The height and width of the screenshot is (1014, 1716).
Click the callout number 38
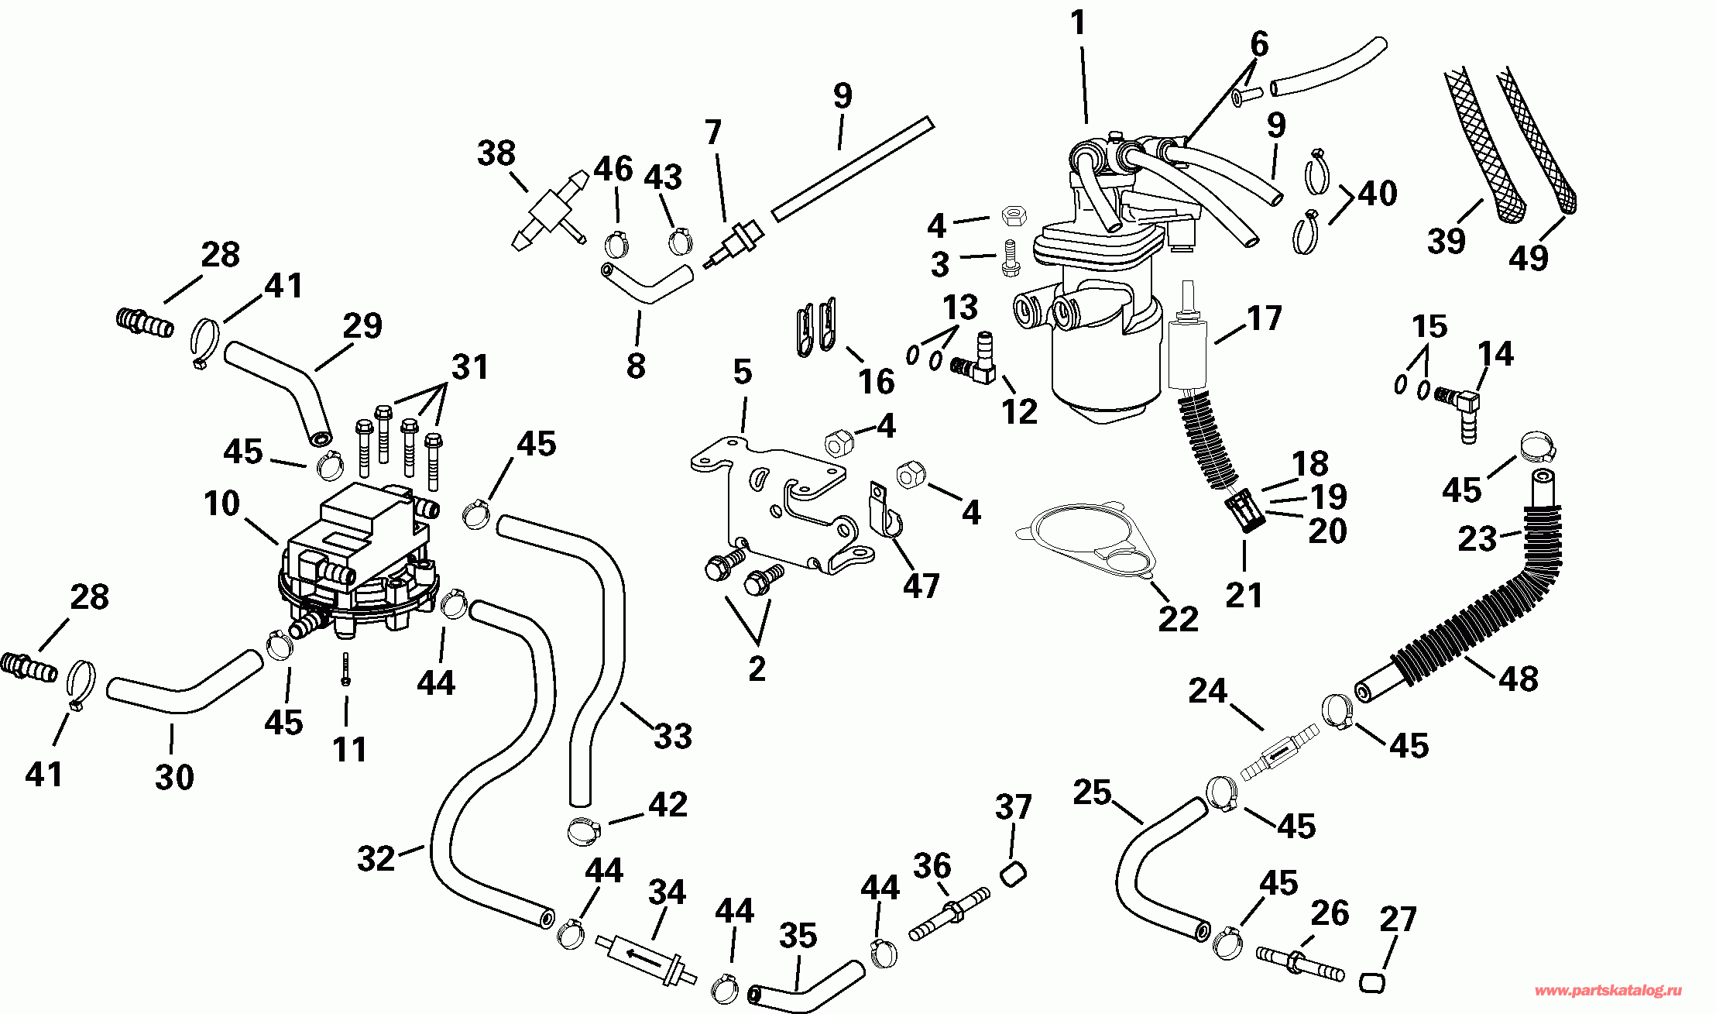pos(496,153)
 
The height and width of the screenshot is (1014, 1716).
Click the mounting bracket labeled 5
pos(782,504)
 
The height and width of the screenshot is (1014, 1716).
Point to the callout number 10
pos(221,504)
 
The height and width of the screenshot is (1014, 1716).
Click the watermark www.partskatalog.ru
pos(1608,990)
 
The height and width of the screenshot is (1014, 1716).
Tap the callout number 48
pos(1518,679)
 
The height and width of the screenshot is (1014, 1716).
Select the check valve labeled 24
pos(1279,752)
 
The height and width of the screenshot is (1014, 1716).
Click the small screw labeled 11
pos(346,669)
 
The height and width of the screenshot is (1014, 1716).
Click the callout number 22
pos(1178,618)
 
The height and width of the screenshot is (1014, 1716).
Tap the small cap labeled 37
pos(1013,874)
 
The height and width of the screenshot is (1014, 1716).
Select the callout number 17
pos(1265,318)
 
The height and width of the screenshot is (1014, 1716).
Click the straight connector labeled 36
pos(949,913)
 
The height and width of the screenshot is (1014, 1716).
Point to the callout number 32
pos(376,858)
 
